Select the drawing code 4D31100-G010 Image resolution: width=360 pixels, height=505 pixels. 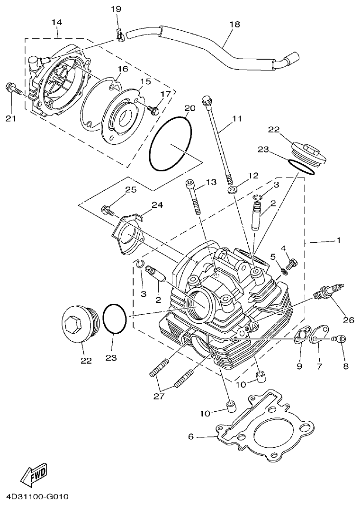[x=38, y=497]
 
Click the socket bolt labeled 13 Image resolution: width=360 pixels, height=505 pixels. [x=195, y=196]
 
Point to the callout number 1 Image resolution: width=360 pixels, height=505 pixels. [x=338, y=240]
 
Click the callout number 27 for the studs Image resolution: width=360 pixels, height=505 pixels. [x=159, y=396]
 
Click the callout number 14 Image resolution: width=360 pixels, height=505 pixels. [x=57, y=22]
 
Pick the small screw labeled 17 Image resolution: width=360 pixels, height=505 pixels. [x=153, y=110]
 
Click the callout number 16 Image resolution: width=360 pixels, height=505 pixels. [x=123, y=69]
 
